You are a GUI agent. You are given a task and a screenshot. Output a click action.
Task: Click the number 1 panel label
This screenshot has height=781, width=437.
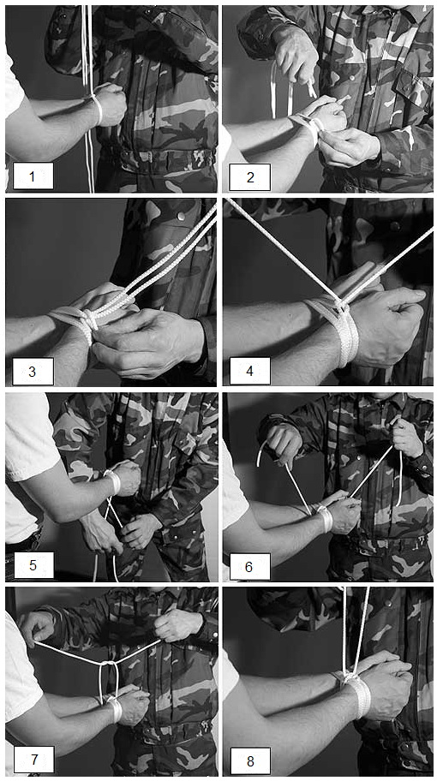click(x=33, y=176)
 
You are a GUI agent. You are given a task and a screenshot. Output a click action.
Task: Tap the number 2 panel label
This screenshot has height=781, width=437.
click(x=249, y=176)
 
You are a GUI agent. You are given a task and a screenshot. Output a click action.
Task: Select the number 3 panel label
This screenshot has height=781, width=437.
click(x=33, y=371)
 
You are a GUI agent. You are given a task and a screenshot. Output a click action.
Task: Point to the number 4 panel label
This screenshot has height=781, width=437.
click(x=249, y=371)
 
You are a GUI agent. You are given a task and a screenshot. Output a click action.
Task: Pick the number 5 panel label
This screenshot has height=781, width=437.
click(x=33, y=565)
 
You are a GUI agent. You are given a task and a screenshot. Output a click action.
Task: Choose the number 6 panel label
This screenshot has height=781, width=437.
click(x=249, y=566)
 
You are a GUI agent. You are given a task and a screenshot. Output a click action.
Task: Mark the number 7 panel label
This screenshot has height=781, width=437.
click(x=33, y=760)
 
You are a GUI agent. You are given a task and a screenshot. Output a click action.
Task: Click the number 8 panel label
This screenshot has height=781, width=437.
click(x=249, y=760)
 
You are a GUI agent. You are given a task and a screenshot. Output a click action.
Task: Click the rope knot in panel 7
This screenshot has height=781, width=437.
click(x=109, y=664)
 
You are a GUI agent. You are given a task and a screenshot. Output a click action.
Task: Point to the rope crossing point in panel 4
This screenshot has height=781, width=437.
click(x=340, y=302)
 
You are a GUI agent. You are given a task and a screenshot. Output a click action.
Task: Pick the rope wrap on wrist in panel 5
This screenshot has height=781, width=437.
click(x=113, y=481)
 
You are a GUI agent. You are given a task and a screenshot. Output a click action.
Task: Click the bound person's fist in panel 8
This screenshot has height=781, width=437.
click(x=384, y=690)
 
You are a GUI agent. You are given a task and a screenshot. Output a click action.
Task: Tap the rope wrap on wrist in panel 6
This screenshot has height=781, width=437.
click(x=325, y=518)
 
